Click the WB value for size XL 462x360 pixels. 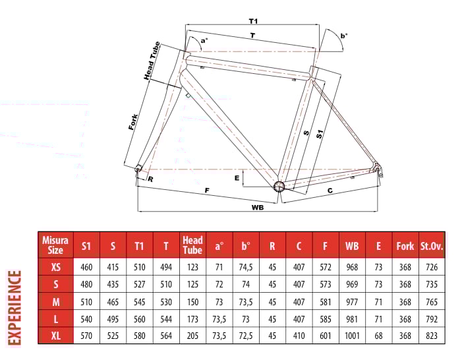pos(352,336)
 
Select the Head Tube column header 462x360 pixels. pos(192,245)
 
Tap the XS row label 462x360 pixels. pos(55,267)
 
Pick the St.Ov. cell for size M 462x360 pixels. pos(432,302)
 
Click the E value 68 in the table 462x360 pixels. pos(378,336)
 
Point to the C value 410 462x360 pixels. pos(299,336)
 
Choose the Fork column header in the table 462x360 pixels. pos(405,246)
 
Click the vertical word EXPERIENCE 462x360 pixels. pos(14,308)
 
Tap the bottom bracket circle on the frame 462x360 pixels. pos(279,186)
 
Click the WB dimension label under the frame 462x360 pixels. pos(258,207)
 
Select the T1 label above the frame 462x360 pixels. pos(253,21)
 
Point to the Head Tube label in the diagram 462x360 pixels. pos(152,61)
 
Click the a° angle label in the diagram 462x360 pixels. pos(204,40)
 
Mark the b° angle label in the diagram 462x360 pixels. pos(343,36)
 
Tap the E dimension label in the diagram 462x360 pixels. pos(237,178)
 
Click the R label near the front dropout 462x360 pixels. pos(150,179)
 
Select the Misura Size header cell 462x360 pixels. pos(55,245)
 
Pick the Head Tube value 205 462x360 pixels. pos(192,336)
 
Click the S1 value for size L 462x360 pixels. pos(86,319)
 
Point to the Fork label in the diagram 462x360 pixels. pos(133,122)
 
